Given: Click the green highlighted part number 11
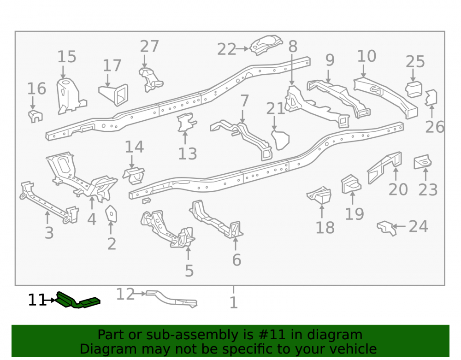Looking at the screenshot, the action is (78, 301).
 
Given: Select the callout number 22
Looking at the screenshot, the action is (226, 49).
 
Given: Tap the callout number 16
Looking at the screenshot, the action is (36, 89).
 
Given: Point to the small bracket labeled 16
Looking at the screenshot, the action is (35, 116).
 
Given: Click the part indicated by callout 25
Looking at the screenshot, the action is (414, 89).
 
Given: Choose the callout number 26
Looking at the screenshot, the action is (435, 127).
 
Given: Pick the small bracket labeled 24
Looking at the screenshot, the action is (387, 228).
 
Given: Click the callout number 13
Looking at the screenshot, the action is (187, 153).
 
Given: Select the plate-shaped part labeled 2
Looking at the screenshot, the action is (111, 213).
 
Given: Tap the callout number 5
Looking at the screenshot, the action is (189, 271).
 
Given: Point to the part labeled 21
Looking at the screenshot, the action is (280, 140).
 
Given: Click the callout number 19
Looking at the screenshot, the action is (354, 213).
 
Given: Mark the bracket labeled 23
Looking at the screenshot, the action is (422, 162).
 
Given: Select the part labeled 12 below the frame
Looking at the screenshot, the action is (171, 299).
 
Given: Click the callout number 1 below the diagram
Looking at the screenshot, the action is (233, 302).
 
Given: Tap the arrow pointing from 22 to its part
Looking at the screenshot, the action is (242, 49).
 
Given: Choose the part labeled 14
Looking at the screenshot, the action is (134, 176).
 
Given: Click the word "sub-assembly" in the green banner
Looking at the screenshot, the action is (197, 335).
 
